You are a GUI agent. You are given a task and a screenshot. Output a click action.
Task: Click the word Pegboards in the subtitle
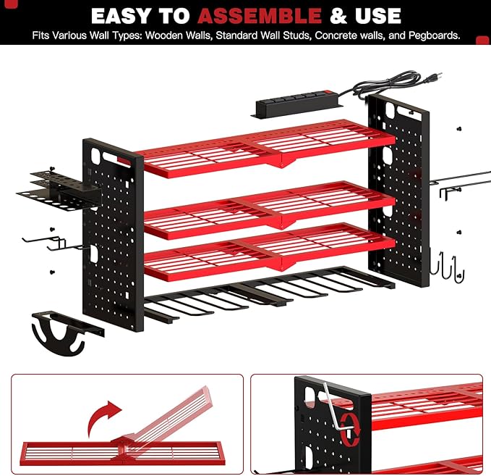click(432, 35)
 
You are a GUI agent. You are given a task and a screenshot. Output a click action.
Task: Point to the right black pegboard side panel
click(398, 181)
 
